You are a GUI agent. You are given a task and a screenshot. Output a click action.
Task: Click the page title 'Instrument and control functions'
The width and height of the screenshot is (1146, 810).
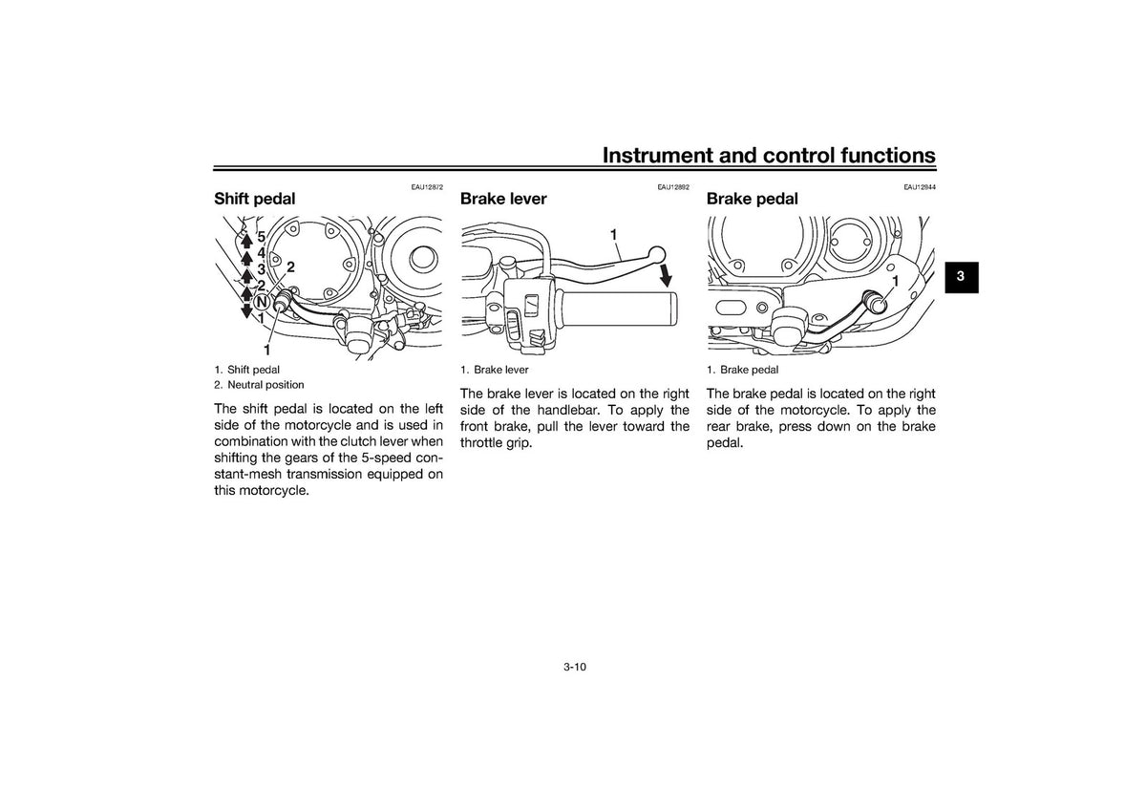(769, 155)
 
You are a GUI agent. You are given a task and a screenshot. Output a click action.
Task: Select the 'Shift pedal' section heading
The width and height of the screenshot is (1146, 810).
(255, 199)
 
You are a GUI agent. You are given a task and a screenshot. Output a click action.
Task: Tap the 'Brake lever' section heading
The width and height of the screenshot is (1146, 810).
(503, 199)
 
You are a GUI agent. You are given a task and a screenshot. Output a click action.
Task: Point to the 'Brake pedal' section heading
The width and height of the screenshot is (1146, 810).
(753, 199)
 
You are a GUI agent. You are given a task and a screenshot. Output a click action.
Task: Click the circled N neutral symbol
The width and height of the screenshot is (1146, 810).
(262, 302)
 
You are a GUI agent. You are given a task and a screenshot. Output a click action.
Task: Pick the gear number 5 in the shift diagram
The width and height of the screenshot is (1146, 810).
(261, 237)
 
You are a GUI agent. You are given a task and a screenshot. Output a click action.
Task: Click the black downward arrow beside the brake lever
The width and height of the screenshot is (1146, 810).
(666, 276)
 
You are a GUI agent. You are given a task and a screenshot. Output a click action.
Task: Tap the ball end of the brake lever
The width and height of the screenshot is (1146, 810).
(657, 254)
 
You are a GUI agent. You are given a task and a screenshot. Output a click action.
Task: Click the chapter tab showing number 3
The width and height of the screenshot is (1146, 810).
(962, 277)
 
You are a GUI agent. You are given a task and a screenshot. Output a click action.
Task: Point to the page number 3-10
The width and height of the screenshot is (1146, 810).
(575, 667)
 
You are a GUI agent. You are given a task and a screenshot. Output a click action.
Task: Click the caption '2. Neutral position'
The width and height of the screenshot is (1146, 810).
(259, 385)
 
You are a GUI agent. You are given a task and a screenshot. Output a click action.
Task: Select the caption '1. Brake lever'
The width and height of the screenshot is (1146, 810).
(495, 370)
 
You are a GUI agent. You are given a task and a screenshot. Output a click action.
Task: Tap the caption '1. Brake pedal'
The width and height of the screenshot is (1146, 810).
(742, 370)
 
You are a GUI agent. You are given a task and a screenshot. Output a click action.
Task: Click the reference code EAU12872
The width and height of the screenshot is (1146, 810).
(427, 187)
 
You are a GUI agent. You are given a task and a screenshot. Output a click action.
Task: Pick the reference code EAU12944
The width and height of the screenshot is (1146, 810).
(920, 187)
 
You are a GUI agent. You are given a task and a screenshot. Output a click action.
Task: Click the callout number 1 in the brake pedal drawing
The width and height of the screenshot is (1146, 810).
(896, 281)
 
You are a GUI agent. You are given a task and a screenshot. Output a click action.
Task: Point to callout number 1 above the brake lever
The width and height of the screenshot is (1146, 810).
(613, 235)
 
